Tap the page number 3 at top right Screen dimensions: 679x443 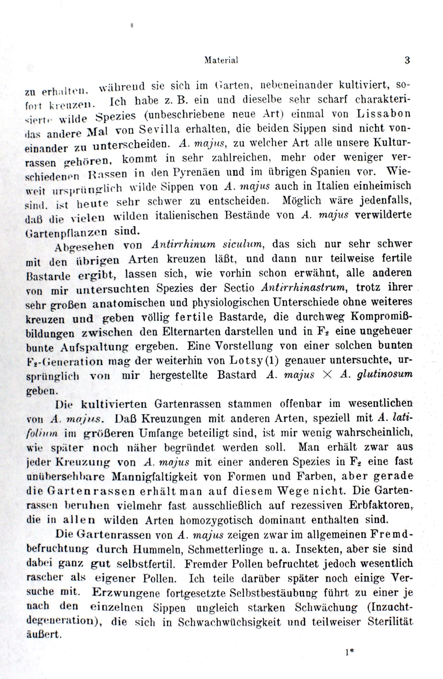click(x=407, y=61)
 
